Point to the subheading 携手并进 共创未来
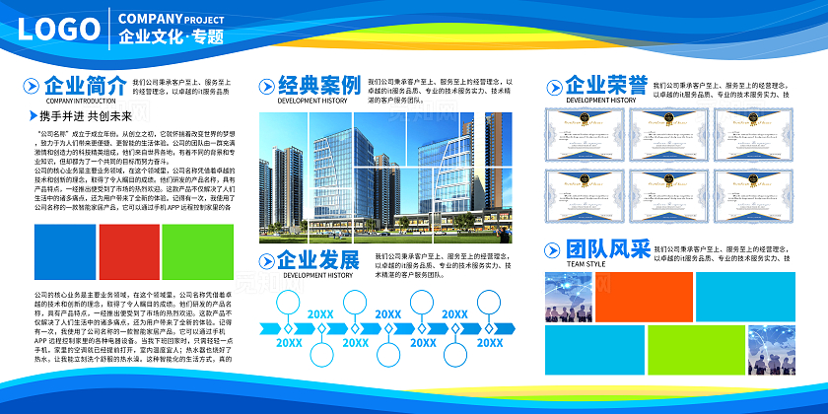[x=78, y=115]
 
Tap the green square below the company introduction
[x=197, y=252]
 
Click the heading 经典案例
[x=318, y=85]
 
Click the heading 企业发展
[x=318, y=260]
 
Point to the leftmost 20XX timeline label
[x=289, y=343]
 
